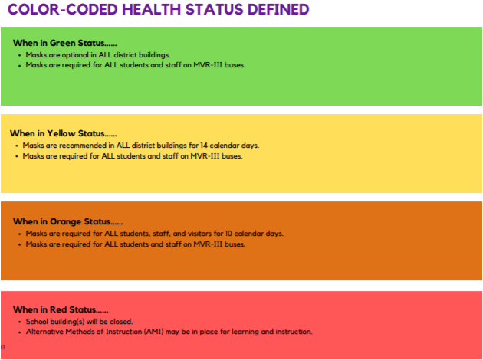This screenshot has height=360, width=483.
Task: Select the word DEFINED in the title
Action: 278,9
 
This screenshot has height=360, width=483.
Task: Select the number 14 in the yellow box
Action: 204,146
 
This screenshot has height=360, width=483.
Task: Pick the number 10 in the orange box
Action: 228,234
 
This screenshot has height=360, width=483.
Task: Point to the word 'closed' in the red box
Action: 121,322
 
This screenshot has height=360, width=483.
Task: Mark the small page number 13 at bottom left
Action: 3,348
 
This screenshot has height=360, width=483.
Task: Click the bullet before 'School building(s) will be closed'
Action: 20,322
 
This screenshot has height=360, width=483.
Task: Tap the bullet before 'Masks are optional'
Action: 20,56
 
